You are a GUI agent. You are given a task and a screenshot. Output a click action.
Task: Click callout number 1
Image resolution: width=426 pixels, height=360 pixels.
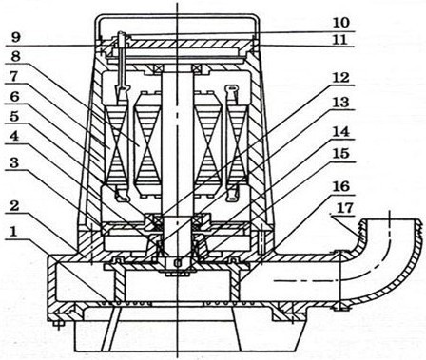click(13, 233)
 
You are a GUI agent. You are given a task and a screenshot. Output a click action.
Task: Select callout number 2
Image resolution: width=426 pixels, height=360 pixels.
click(13, 206)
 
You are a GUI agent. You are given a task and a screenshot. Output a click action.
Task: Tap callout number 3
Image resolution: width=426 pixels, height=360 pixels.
click(13, 164)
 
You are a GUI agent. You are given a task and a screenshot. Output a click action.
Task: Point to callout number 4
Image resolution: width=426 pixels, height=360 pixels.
click(13, 137)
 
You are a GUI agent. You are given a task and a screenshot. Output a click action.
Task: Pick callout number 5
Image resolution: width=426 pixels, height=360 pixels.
click(13, 116)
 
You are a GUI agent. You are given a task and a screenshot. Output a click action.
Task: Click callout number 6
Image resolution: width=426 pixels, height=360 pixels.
click(14, 97)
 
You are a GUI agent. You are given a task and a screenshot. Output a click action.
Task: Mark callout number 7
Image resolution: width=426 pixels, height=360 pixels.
click(14, 77)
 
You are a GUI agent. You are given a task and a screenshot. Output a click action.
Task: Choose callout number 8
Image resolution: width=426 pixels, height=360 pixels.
click(15, 57)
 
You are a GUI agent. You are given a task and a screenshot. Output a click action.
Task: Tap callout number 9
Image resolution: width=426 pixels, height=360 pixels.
click(15, 37)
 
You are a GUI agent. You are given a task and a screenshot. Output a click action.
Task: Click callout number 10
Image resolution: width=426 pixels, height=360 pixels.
click(340, 23)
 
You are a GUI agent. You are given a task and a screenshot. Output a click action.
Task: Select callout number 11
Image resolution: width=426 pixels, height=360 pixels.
click(340, 40)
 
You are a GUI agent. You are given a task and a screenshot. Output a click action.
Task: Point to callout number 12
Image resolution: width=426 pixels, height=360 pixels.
click(340, 77)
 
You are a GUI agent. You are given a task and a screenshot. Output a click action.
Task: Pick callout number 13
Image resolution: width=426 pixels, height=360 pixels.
click(340, 102)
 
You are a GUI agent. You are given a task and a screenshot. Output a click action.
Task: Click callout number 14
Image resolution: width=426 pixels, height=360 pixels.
click(340, 131)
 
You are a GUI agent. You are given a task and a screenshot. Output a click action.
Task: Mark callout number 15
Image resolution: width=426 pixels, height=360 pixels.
click(340, 154)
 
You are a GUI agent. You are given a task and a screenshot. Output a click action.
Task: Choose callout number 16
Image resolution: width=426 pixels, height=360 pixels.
click(340, 186)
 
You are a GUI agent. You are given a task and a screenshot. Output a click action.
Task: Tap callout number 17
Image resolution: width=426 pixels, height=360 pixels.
click(345, 208)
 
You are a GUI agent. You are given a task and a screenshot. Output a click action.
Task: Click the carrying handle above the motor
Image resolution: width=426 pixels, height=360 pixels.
click(178, 16)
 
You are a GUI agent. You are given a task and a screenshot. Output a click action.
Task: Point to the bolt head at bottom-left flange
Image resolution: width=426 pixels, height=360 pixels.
click(57, 324)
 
